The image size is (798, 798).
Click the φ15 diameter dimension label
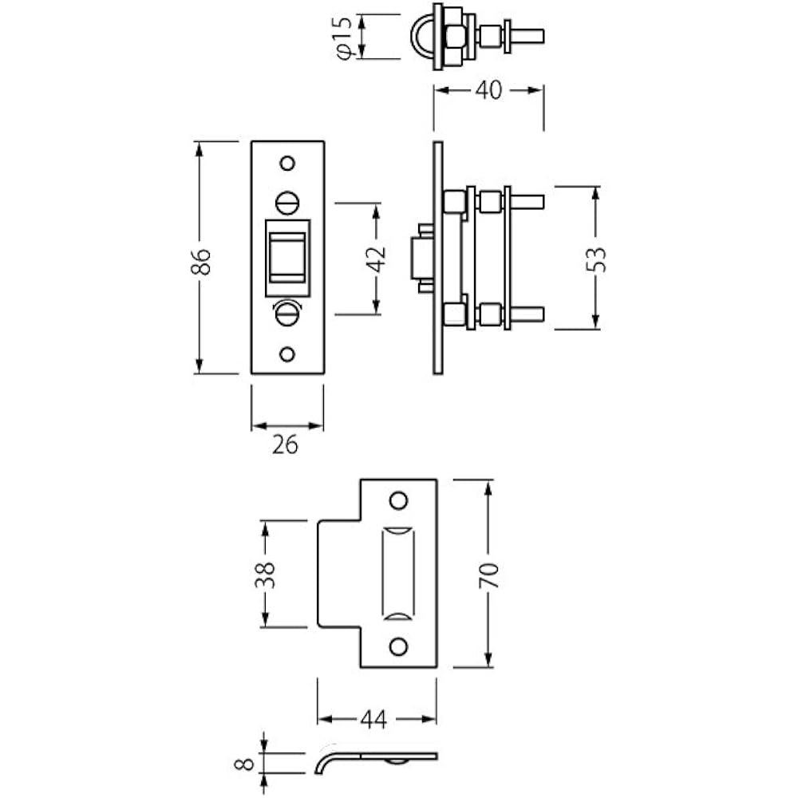click(x=344, y=38)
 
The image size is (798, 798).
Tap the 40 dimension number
click(x=488, y=90)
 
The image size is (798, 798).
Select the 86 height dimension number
click(x=201, y=262)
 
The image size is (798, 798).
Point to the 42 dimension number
click(x=377, y=259)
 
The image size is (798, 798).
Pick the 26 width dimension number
click(x=285, y=445)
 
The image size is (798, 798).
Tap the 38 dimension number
click(x=265, y=575)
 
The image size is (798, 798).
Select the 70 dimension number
click(x=488, y=575)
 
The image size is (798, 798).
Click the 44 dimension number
click(x=373, y=720)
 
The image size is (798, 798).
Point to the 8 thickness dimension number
click(x=245, y=764)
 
